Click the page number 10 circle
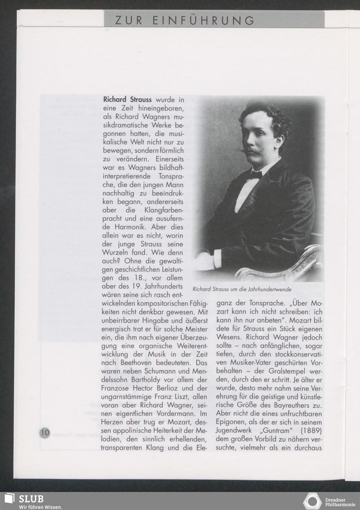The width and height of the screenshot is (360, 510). click(45, 432)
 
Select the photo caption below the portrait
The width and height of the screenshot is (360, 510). click(242, 289)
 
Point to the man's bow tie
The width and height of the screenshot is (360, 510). click(256, 175)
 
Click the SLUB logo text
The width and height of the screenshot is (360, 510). click(31, 499)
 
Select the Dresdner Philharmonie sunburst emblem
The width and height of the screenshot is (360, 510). click(312, 501)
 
